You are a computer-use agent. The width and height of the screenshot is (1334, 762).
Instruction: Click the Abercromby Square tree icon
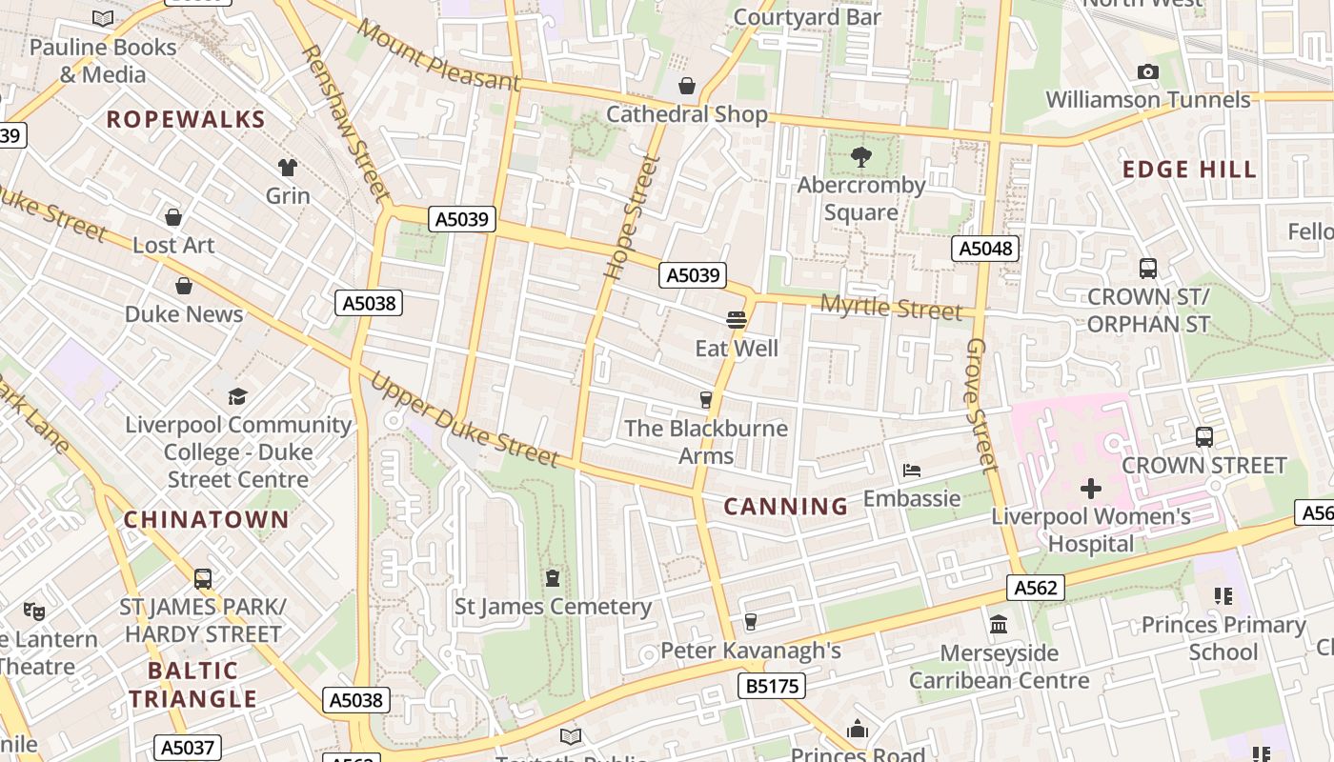click(x=861, y=157)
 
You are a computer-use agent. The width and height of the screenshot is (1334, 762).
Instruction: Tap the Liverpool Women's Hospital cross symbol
click(x=1091, y=490)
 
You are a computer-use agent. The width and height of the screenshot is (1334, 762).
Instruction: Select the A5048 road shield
click(x=985, y=250)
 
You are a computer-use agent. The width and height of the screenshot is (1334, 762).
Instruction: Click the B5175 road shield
click(x=771, y=685)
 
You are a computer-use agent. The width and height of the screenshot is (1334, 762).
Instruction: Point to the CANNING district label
click(x=785, y=507)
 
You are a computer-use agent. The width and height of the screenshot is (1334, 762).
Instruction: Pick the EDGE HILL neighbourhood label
click(x=1189, y=170)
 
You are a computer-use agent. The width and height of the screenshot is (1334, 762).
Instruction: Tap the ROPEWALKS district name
click(x=186, y=120)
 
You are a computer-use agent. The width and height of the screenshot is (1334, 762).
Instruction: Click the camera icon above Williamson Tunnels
click(x=1148, y=72)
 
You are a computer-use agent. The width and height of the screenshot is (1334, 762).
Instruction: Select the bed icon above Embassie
click(x=912, y=471)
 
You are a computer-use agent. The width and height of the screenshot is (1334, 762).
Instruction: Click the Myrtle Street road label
click(x=891, y=308)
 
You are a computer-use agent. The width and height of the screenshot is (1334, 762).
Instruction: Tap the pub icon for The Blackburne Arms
click(x=706, y=400)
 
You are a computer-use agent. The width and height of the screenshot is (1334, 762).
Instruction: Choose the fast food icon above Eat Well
click(x=737, y=320)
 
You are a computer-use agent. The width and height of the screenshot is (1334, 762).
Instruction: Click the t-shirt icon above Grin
click(x=288, y=168)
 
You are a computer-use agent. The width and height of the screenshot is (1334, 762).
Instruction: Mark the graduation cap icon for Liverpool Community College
click(x=237, y=396)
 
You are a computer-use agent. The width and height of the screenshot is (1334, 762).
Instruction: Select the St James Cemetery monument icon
click(x=553, y=578)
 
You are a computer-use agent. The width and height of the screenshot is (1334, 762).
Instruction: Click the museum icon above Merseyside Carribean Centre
click(x=999, y=625)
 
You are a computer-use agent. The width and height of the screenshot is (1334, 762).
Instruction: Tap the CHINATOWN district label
click(x=206, y=520)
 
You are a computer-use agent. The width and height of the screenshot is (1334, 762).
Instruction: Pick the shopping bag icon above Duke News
click(x=184, y=286)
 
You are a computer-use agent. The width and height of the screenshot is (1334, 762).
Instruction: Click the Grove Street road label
click(x=981, y=404)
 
